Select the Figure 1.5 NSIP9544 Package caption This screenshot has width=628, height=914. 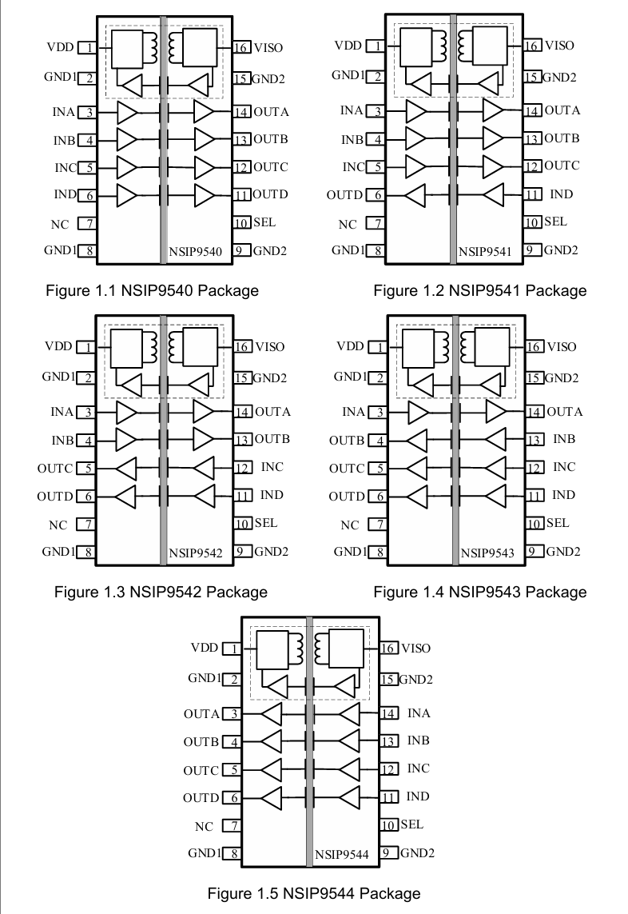[313, 892]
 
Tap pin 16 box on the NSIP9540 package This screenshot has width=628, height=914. [242, 48]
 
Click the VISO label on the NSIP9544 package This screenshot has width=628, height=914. [415, 648]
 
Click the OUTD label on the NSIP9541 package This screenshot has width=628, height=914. [344, 195]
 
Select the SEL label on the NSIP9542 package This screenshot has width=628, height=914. [266, 523]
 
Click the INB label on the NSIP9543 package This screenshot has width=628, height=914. [564, 439]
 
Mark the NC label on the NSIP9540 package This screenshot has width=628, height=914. [60, 225]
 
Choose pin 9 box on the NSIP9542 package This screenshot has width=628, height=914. [243, 551]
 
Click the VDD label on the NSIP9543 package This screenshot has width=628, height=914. [350, 347]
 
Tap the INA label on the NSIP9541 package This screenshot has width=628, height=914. [351, 110]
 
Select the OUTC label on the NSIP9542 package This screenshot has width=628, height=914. [54, 469]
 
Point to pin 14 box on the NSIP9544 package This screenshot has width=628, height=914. [388, 713]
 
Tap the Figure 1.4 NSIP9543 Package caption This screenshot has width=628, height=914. [479, 592]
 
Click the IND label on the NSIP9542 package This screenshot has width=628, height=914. [272, 495]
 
